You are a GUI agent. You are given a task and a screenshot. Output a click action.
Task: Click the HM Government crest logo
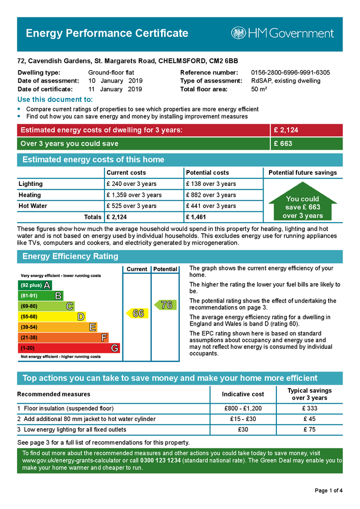[238, 33]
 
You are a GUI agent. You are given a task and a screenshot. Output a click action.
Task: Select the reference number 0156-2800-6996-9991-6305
[290, 73]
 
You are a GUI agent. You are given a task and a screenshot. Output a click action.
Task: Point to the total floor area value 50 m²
[259, 89]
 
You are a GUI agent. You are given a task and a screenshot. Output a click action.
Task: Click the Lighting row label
[31, 184]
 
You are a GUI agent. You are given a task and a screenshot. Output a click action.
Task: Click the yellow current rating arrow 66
[137, 313]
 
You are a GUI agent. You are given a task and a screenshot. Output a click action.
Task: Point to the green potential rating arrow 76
[165, 305]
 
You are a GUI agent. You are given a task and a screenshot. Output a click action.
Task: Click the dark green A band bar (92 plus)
[34, 285]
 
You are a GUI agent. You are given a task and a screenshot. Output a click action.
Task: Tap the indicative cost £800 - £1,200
[243, 409]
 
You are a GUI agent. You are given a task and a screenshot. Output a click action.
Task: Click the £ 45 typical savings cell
[309, 419]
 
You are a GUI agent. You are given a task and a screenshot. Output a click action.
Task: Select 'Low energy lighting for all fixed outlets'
[75, 429]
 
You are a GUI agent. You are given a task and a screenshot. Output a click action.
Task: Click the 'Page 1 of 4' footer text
[328, 491]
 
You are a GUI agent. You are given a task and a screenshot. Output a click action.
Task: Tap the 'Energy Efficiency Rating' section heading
[70, 256]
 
